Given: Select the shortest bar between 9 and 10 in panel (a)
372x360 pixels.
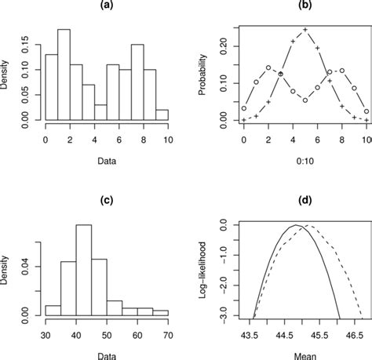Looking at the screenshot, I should [x=162, y=115].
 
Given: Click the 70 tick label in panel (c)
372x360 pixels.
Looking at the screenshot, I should [x=167, y=333].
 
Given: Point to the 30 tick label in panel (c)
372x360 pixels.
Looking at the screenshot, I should [x=46, y=333].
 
